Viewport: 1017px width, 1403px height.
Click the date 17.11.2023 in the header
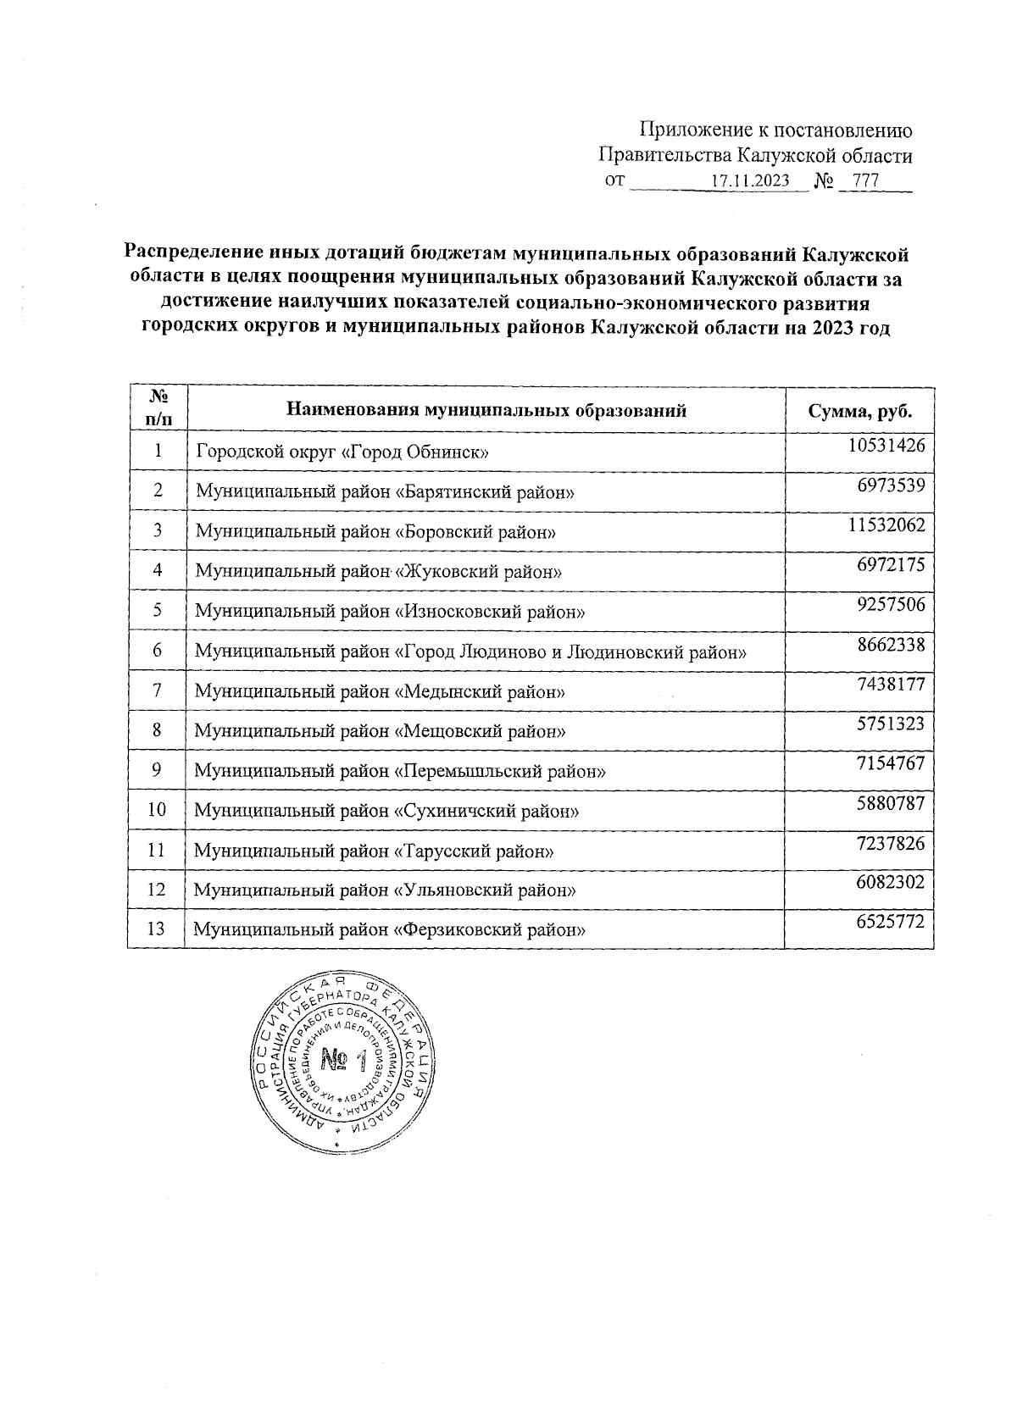(x=749, y=181)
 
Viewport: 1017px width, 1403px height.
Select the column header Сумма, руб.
(x=860, y=411)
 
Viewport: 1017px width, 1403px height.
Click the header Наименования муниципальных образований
(x=486, y=411)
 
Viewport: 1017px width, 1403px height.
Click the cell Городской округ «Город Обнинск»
(x=342, y=452)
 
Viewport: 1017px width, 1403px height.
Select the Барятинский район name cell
(x=386, y=491)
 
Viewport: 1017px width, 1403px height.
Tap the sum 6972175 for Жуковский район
(x=891, y=564)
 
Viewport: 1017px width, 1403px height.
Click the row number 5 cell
(x=158, y=610)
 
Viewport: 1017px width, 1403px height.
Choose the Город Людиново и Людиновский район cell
(x=470, y=652)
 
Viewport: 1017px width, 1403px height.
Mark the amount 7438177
(x=891, y=684)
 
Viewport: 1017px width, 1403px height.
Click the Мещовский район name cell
(x=381, y=730)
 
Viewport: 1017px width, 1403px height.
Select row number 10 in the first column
(x=158, y=809)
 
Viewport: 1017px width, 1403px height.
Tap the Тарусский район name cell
(x=374, y=851)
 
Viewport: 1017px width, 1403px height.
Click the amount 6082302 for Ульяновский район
(x=891, y=883)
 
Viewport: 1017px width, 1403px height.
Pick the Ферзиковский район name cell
(x=391, y=929)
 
